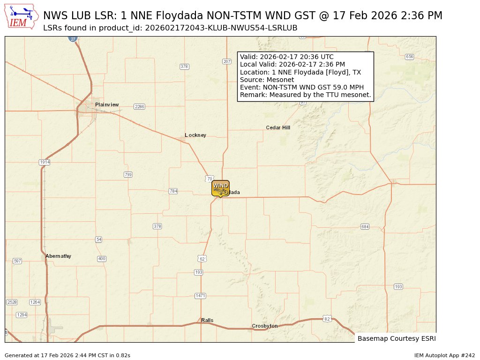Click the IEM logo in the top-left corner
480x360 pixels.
coord(22,17)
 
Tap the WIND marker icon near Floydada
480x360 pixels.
coord(220,188)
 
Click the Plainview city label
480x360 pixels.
coord(107,105)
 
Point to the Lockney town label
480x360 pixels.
coord(195,135)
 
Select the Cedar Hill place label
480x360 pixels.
coord(278,127)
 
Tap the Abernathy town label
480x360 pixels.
coord(58,256)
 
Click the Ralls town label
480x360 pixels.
coord(207,320)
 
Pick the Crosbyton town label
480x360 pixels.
coord(265,326)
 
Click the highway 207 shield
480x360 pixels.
coord(227,61)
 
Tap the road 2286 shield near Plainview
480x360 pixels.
coord(139,107)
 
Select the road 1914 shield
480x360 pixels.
coord(45,162)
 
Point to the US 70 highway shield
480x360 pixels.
coord(210,179)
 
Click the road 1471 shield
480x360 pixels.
coord(201,296)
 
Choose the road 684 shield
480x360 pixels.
coord(365,227)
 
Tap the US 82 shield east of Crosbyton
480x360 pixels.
coord(327,319)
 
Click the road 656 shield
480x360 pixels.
coord(409,57)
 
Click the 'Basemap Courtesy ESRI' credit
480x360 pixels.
coord(393,338)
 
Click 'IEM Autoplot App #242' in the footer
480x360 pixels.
coord(444,355)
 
